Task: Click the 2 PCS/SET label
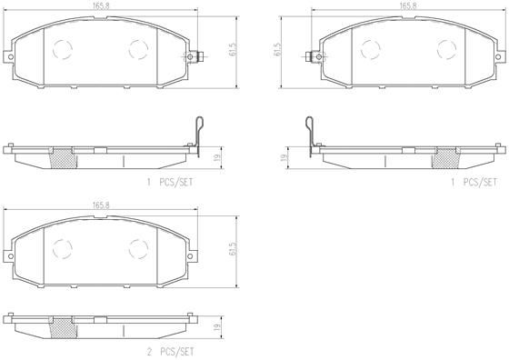(x=170, y=350)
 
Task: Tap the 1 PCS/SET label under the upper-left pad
(x=170, y=182)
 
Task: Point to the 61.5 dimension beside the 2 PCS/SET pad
(x=233, y=248)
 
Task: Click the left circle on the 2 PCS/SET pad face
(x=63, y=246)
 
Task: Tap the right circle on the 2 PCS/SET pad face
(x=138, y=246)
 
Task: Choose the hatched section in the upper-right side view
(x=444, y=156)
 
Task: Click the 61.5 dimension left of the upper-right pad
(x=275, y=50)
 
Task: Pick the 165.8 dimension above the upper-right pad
(x=407, y=5)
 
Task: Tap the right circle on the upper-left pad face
(x=138, y=48)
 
